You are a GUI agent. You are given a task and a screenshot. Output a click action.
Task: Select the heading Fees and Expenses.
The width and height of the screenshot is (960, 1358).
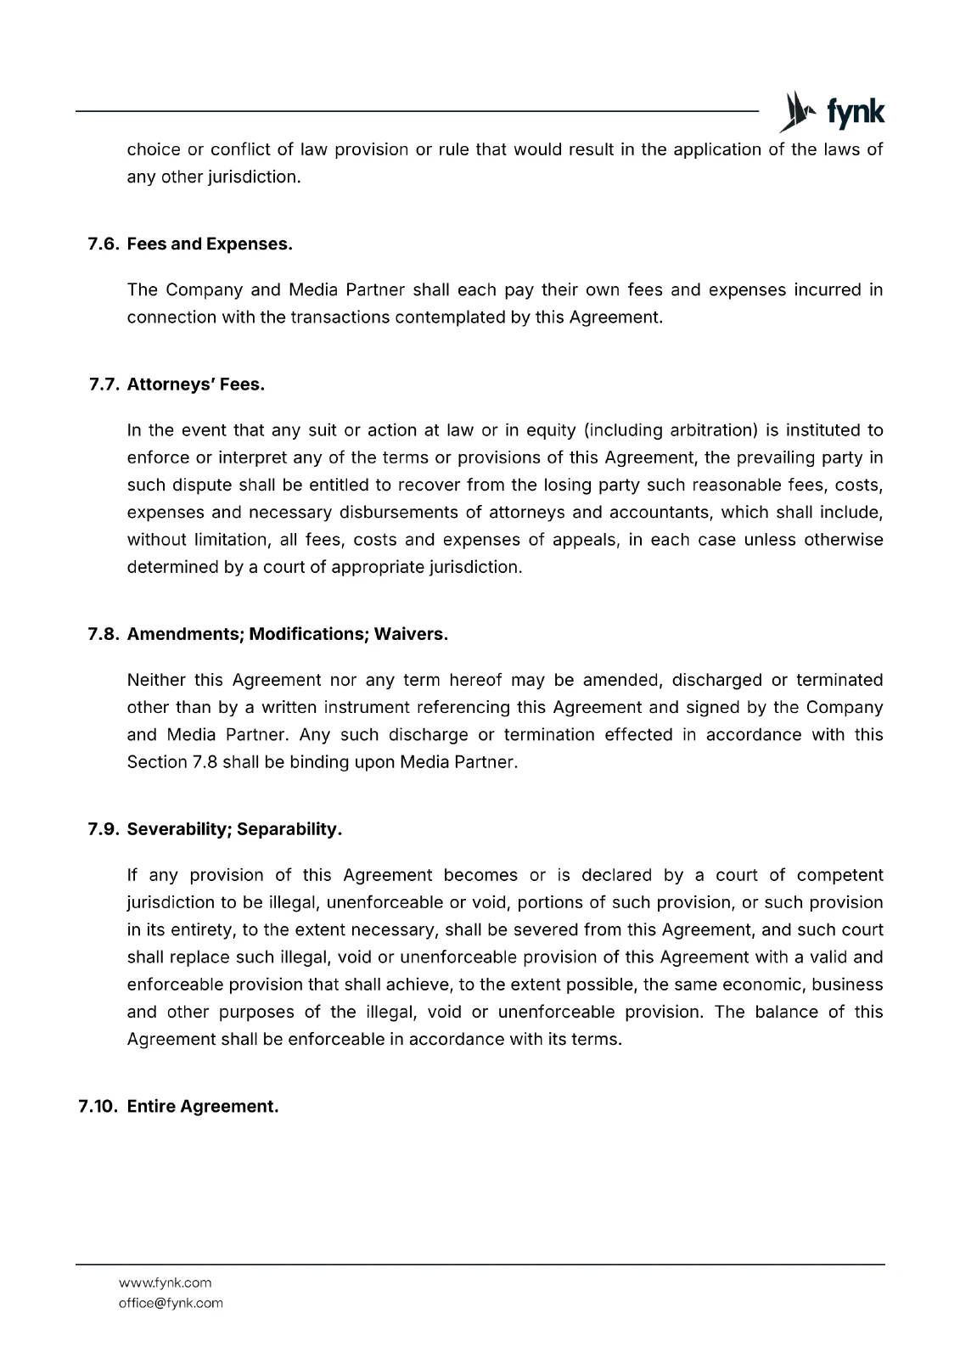pyautogui.click(x=210, y=244)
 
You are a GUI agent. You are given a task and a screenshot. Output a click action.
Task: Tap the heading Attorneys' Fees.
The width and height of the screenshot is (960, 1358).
pyautogui.click(x=196, y=385)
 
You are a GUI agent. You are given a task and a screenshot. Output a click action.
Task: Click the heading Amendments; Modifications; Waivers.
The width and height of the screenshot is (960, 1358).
pyautogui.click(x=287, y=635)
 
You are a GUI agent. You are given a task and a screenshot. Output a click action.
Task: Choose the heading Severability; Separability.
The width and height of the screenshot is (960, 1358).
pyautogui.click(x=234, y=830)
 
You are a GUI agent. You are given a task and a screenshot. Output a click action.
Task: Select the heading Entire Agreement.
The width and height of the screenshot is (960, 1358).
pyautogui.click(x=203, y=1107)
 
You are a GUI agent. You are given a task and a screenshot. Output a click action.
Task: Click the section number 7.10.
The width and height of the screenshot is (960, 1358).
pyautogui.click(x=97, y=1107)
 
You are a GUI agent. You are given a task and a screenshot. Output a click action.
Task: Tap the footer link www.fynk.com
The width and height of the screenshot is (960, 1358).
pyautogui.click(x=166, y=1282)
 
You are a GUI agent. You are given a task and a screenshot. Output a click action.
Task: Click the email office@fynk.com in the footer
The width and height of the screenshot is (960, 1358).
pyautogui.click(x=171, y=1303)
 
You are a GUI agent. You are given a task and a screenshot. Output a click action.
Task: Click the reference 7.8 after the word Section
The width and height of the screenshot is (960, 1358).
pyautogui.click(x=205, y=762)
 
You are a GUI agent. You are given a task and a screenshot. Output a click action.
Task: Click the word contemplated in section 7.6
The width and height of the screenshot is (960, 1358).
pyautogui.click(x=451, y=317)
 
